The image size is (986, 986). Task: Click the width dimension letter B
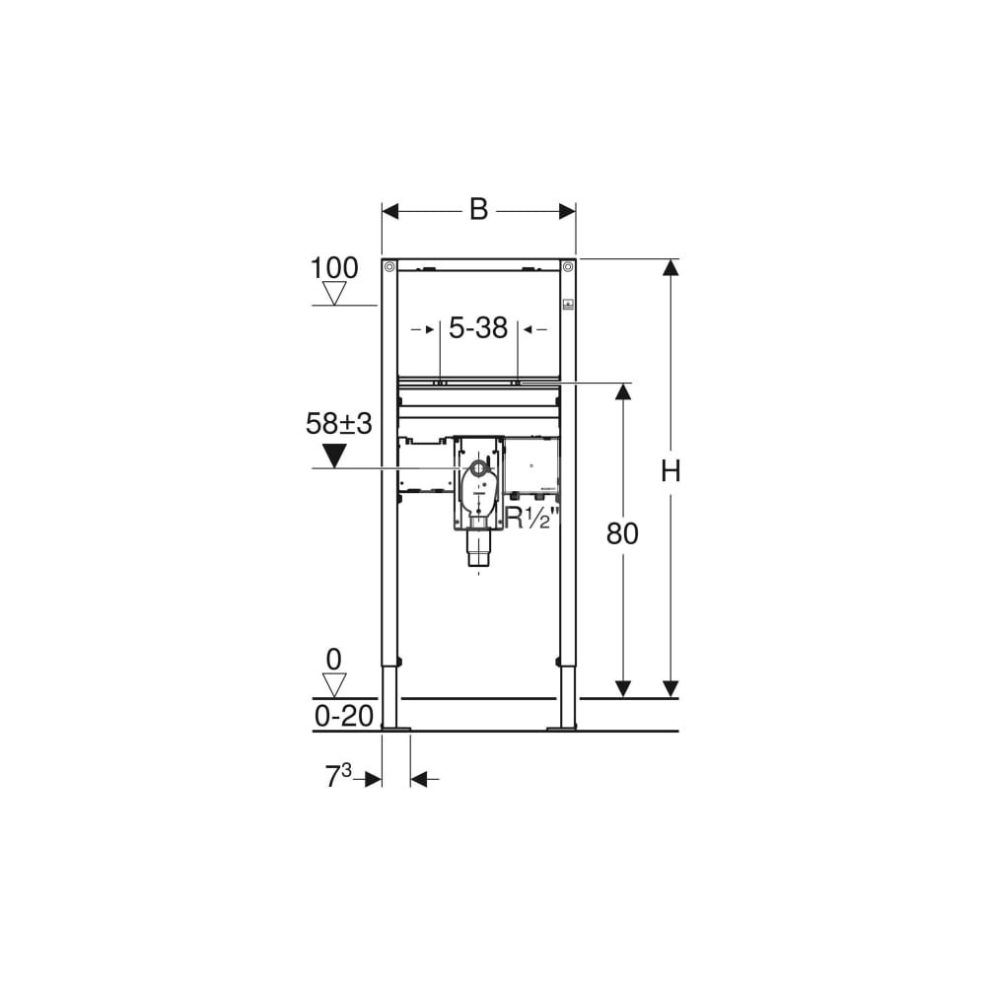click(478, 209)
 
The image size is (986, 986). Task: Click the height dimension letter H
click(670, 470)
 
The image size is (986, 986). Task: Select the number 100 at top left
click(334, 268)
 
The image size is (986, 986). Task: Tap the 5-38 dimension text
click(478, 328)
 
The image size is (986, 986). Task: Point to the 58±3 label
click(339, 424)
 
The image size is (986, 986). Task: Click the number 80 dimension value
click(622, 533)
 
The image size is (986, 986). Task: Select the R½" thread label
click(532, 519)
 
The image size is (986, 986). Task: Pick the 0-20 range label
click(344, 716)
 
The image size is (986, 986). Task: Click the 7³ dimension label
click(337, 776)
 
